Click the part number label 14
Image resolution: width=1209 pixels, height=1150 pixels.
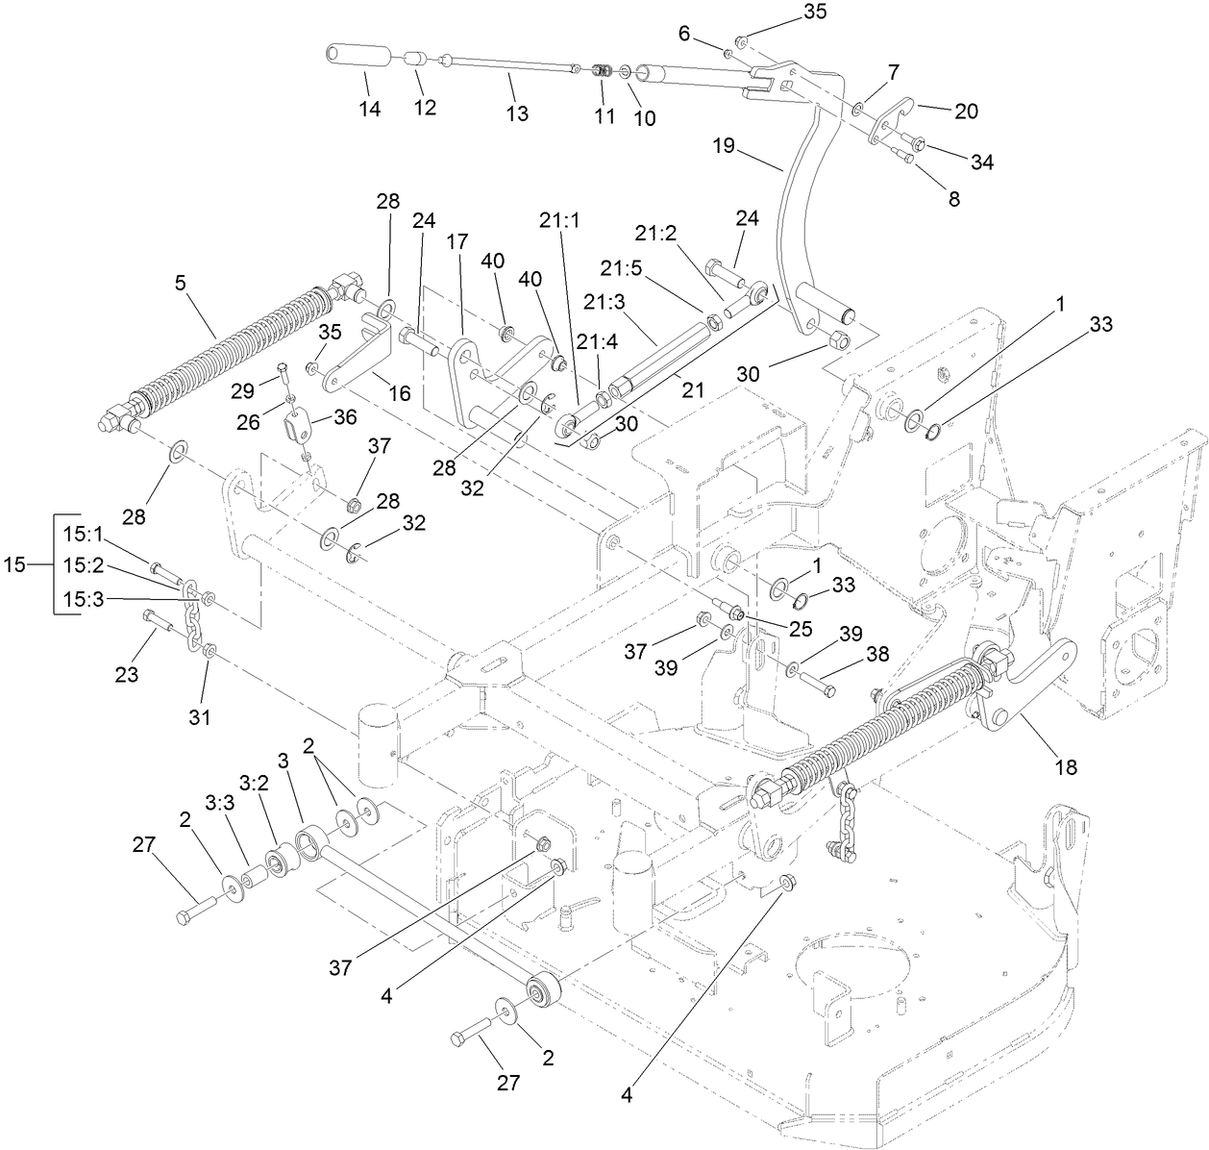click(370, 110)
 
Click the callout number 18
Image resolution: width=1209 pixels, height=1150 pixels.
click(1065, 767)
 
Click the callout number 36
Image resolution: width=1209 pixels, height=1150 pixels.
click(344, 416)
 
